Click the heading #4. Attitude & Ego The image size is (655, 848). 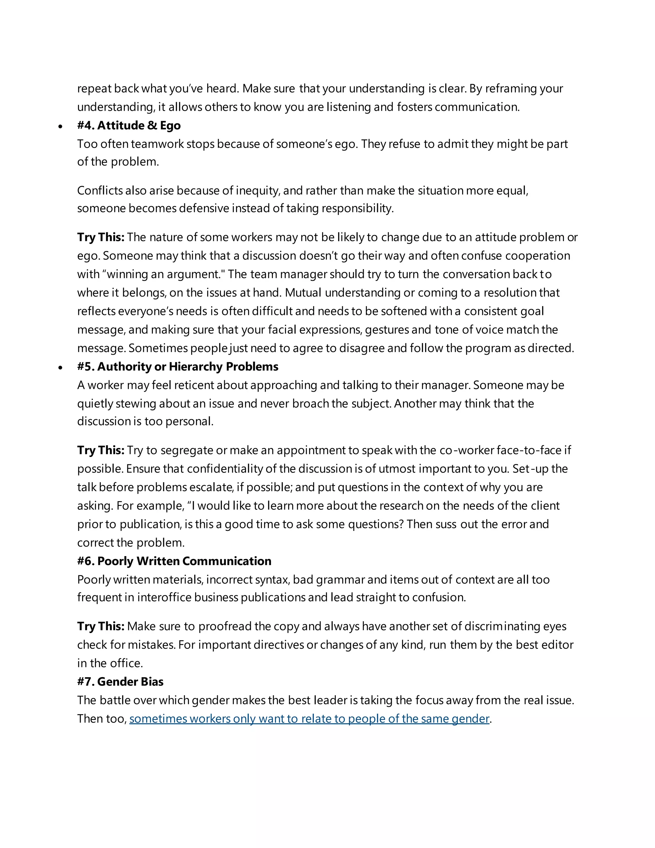tap(129, 125)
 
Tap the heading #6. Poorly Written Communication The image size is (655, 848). tap(174, 561)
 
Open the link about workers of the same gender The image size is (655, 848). tap(309, 719)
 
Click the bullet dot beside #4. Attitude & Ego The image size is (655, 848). tap(60, 126)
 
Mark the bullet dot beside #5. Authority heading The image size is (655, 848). tap(60, 367)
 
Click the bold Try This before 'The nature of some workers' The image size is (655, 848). tap(101, 237)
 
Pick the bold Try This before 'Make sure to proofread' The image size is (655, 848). tap(101, 626)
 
